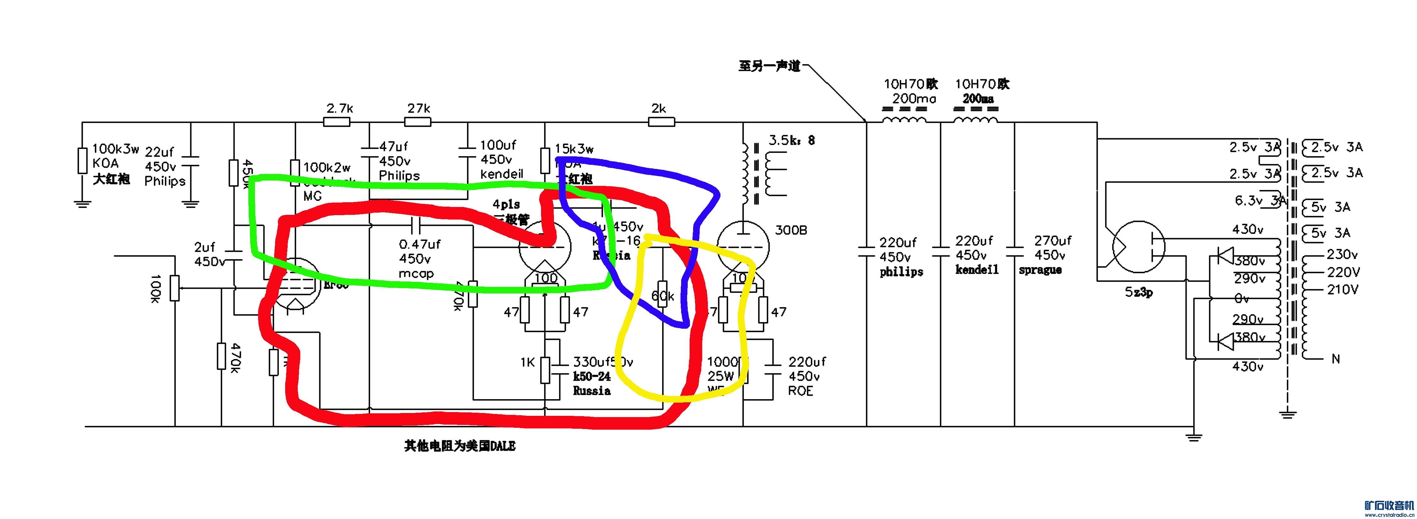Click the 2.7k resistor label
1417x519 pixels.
coord(339,108)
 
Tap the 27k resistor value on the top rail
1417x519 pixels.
coord(419,108)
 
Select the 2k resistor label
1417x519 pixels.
coord(658,108)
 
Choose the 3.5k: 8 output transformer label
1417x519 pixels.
coord(791,140)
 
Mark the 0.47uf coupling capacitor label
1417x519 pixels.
coord(420,244)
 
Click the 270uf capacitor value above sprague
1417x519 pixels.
coord(1052,241)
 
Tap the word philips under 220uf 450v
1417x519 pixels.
coord(901,271)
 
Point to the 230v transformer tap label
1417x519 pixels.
coord(1342,254)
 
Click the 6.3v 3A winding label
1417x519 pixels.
coord(1260,201)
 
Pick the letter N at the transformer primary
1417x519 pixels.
coord(1335,359)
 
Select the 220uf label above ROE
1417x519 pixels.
coord(806,362)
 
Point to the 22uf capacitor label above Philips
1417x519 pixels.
coord(159,152)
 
